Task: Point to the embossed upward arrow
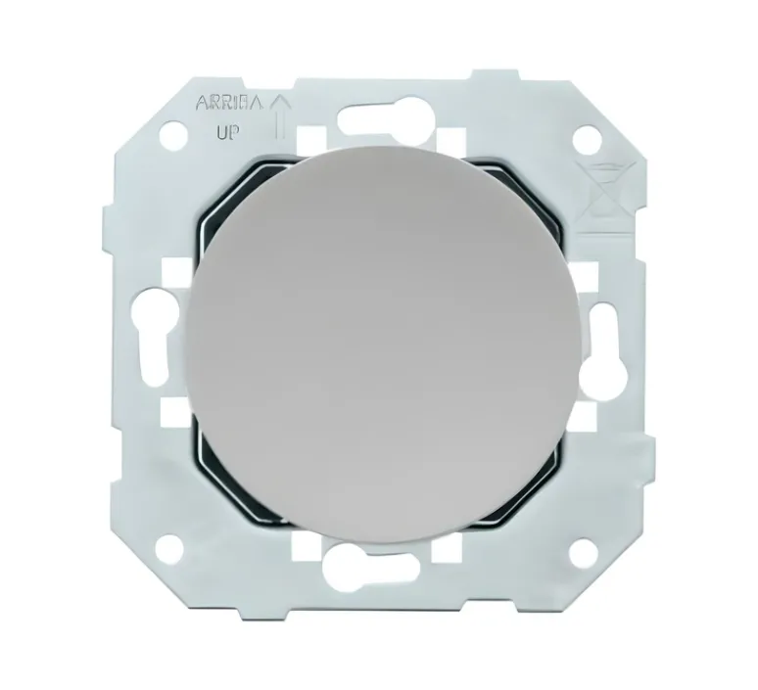click(x=279, y=115)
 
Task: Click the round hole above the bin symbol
click(x=587, y=137)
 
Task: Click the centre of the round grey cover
click(x=385, y=337)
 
